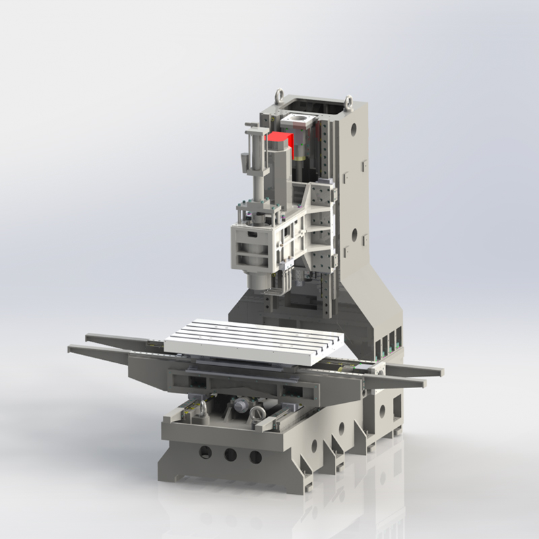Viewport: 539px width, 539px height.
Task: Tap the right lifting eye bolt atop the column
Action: pos(348,102)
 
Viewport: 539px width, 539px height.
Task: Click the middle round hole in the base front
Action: pos(230,454)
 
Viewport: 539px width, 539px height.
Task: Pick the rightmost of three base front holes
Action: pos(255,457)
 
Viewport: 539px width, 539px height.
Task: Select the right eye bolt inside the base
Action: pos(257,416)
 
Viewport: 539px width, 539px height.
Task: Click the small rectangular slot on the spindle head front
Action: pos(251,234)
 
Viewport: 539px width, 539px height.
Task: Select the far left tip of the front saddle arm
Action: pos(72,348)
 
